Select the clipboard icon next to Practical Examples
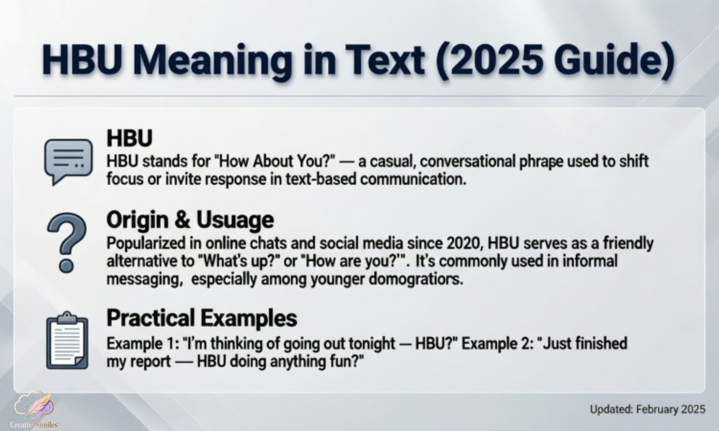click(67, 342)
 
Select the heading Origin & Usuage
click(189, 220)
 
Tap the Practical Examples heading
click(201, 318)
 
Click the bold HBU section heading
click(129, 138)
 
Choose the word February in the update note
click(657, 409)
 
